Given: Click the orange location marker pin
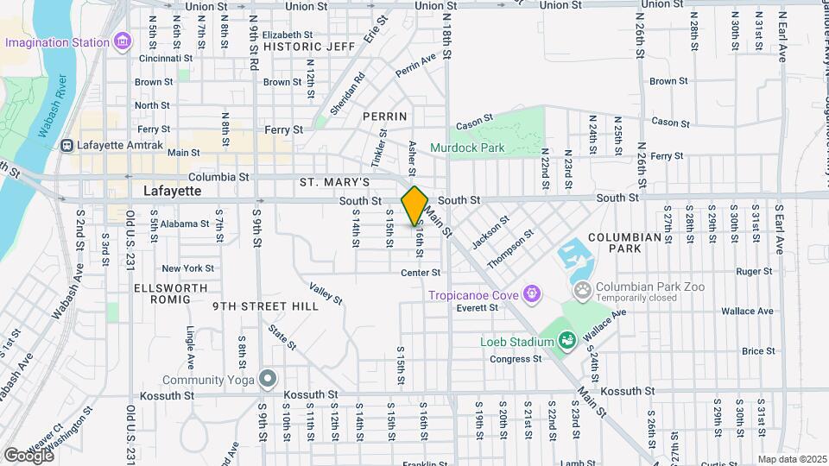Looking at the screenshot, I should (414, 205).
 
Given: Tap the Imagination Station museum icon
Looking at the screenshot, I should (123, 41).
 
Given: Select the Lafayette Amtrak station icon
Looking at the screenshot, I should (66, 145).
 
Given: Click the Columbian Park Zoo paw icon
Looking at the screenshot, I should (583, 290).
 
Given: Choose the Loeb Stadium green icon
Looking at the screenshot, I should (566, 343).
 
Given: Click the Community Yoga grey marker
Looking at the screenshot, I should (269, 378).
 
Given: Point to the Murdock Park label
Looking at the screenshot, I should (467, 148).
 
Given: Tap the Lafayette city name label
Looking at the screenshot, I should (172, 191).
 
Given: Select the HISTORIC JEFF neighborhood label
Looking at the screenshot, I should (311, 47).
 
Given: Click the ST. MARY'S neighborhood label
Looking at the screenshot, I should (334, 183).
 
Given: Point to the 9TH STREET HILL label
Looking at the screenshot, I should (254, 305).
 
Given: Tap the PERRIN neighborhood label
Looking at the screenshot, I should (384, 116).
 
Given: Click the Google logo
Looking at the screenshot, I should (28, 455).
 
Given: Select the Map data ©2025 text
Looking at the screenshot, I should (792, 459).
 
